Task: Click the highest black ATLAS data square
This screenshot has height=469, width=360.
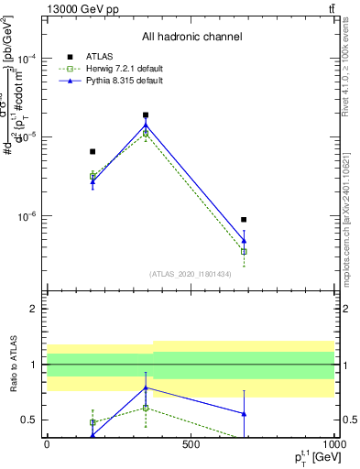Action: (x=146, y=115)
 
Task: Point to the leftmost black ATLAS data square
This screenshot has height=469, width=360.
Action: (x=93, y=151)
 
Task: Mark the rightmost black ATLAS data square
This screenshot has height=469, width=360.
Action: (x=244, y=220)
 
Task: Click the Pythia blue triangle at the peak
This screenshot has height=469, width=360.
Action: (x=146, y=125)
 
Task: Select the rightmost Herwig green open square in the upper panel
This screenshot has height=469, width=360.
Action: (x=244, y=251)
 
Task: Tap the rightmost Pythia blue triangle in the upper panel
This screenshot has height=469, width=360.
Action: (x=244, y=241)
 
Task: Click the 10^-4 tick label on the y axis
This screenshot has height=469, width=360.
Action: (x=29, y=58)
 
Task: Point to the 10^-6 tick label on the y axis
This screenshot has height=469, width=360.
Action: (x=29, y=217)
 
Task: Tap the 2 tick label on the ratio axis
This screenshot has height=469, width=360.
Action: (x=34, y=309)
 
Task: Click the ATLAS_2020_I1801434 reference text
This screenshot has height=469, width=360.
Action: (x=191, y=274)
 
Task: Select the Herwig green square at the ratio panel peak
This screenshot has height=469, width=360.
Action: (x=146, y=408)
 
